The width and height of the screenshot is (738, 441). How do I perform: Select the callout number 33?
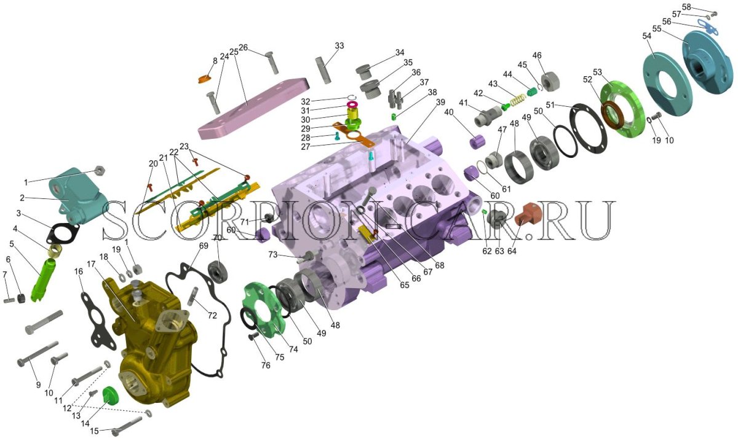pos(339,45)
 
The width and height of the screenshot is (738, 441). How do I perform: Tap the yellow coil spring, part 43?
pos(518,98)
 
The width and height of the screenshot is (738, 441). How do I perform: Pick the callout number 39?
pos(440,102)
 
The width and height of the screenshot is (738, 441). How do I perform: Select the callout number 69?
pos(204,246)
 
